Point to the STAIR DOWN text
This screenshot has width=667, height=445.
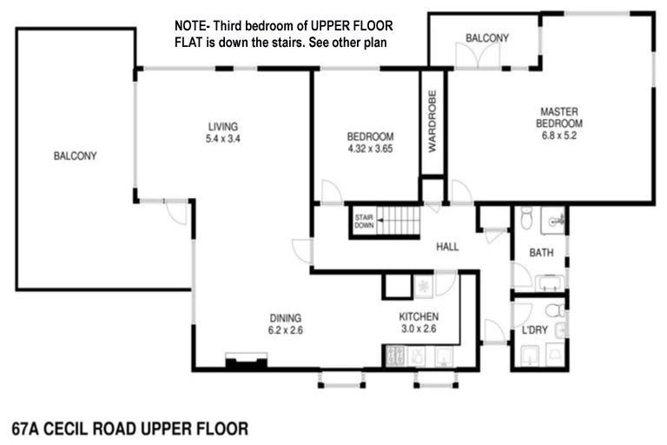click(x=363, y=222)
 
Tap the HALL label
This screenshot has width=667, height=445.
click(x=447, y=247)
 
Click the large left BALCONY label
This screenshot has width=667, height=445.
click(x=75, y=156)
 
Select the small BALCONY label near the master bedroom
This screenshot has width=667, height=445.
click(x=486, y=38)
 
